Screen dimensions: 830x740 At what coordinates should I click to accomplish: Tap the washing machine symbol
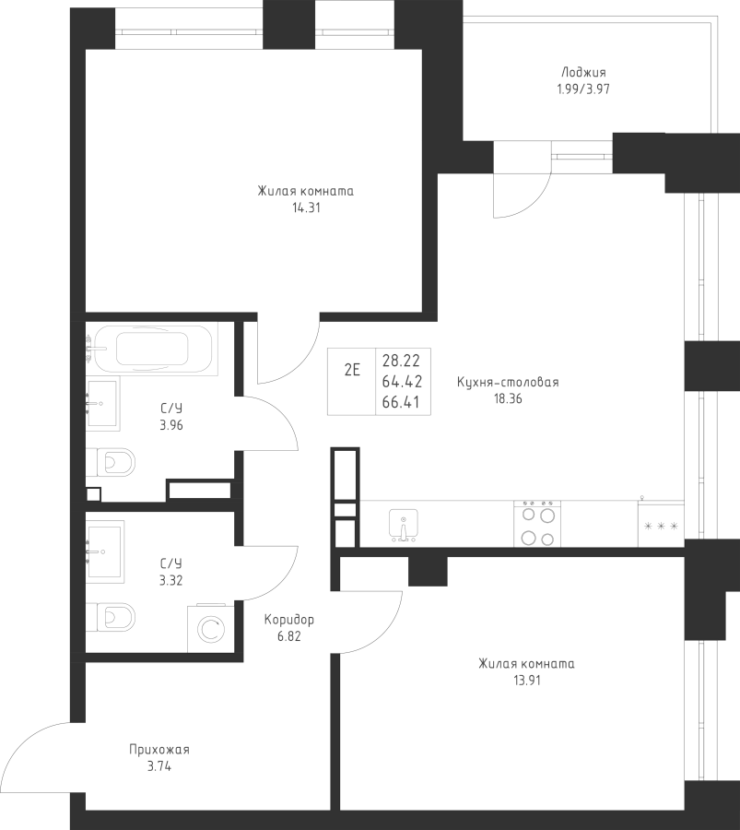click(210, 629)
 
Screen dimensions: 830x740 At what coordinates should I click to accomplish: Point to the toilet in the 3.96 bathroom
click(112, 460)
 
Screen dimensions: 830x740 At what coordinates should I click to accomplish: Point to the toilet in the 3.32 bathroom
click(112, 614)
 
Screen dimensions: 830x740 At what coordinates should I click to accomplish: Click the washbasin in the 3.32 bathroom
click(104, 551)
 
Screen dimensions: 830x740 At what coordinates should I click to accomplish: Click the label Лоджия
click(582, 73)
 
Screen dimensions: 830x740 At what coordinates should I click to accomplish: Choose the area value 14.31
click(304, 208)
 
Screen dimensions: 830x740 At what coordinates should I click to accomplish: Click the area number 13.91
click(526, 681)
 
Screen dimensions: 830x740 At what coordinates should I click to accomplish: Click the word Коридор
click(288, 620)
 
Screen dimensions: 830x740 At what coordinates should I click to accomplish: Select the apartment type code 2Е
click(352, 371)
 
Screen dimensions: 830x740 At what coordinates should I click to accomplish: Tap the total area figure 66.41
click(401, 402)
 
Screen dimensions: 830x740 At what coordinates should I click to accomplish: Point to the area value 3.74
click(159, 765)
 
